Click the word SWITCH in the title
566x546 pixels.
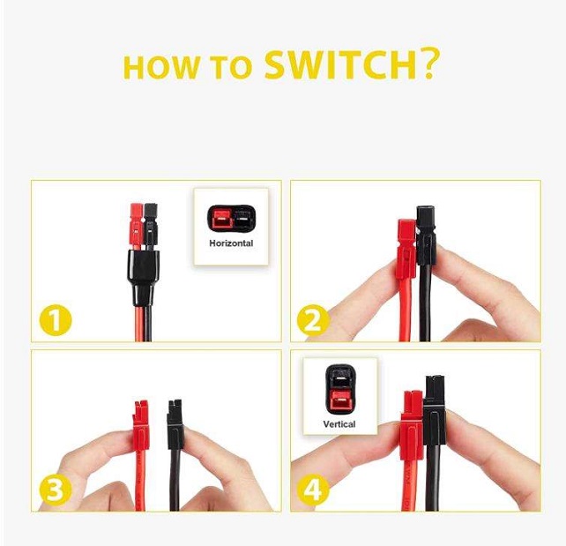click(340, 65)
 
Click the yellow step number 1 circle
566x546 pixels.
click(56, 320)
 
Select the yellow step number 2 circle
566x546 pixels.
click(313, 320)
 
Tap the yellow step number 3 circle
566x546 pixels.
click(56, 490)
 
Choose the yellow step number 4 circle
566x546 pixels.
click(313, 490)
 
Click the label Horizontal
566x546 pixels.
click(231, 243)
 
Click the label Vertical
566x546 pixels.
click(339, 424)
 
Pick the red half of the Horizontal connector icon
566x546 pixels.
click(221, 220)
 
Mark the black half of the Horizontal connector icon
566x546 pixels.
click(243, 220)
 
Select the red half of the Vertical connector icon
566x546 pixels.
click(340, 400)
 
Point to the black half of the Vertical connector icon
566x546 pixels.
click(340, 377)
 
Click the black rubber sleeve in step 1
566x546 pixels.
click(143, 275)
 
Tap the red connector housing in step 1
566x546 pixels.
click(137, 227)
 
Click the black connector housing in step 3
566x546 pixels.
click(175, 423)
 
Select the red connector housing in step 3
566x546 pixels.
click(141, 424)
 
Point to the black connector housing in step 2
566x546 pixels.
click(426, 235)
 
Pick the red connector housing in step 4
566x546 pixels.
click(412, 425)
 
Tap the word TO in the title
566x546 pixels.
click(232, 68)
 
